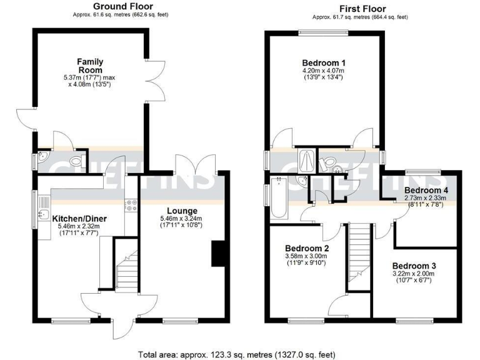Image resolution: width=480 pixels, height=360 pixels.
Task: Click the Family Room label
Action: click(x=89, y=66)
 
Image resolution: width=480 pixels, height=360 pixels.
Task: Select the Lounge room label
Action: click(x=182, y=211)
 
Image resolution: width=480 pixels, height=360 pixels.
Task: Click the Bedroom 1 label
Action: click(x=324, y=63)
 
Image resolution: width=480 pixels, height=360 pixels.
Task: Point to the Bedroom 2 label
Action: click(x=307, y=248)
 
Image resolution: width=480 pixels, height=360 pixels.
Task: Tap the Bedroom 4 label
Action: click(x=426, y=190)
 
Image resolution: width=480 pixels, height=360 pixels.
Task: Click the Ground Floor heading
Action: click(x=114, y=6)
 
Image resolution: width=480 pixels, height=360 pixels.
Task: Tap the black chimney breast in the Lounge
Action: click(x=217, y=254)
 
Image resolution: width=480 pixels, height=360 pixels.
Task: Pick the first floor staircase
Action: click(x=361, y=250)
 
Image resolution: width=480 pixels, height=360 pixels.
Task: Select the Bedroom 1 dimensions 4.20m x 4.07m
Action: click(x=324, y=71)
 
